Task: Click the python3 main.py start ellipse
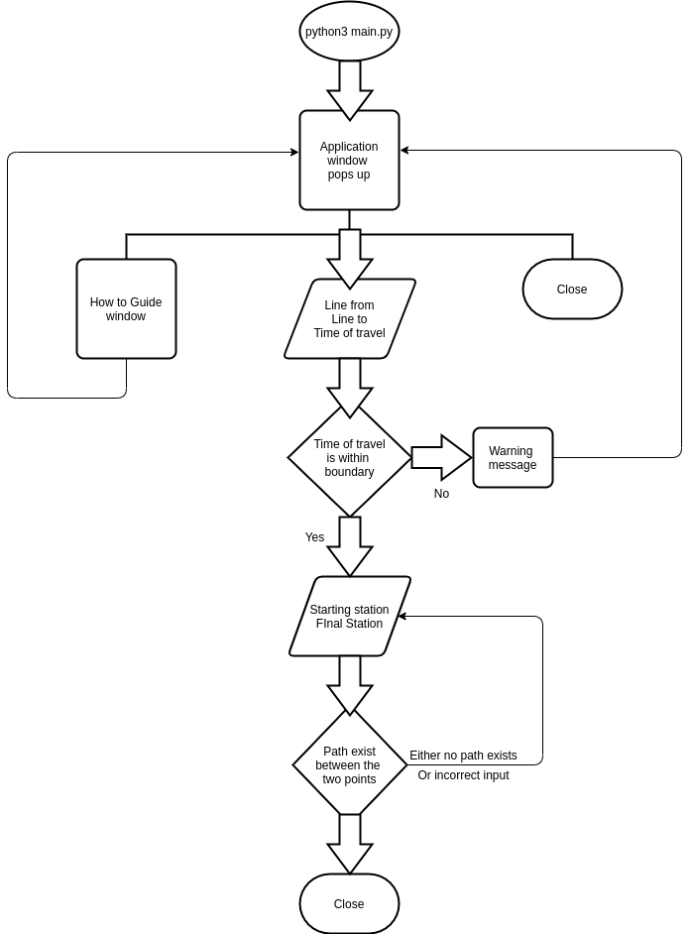[349, 32]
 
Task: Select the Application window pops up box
[349, 161]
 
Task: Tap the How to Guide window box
[126, 309]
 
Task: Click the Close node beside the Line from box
[572, 290]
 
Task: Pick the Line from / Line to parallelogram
[349, 319]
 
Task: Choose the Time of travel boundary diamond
[349, 458]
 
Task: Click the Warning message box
[513, 458]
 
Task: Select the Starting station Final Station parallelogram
[349, 617]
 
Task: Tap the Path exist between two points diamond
[349, 765]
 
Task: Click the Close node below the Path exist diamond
[349, 904]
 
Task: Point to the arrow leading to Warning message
[440, 457]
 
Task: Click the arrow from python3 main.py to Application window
[350, 89]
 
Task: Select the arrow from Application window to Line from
[350, 258]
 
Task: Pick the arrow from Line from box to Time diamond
[350, 387]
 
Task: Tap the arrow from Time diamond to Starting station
[350, 545]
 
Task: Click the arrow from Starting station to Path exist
[350, 684]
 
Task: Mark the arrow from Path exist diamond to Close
[350, 843]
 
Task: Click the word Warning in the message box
[511, 451]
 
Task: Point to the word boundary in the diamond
[349, 472]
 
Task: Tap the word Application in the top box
[349, 147]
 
